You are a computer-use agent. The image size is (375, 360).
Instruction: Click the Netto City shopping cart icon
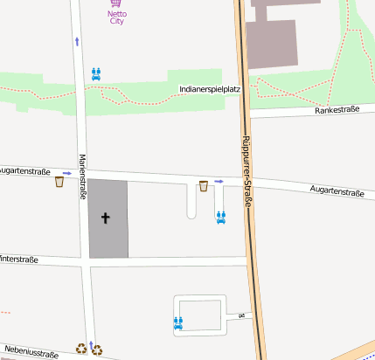click(116, 3)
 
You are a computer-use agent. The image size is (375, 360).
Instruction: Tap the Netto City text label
click(116, 17)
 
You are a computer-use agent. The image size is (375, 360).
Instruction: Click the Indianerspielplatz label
click(209, 89)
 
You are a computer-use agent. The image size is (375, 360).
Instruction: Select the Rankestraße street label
click(337, 110)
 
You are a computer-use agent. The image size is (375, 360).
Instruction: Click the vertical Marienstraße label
click(82, 177)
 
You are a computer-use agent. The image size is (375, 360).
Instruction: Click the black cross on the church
click(107, 217)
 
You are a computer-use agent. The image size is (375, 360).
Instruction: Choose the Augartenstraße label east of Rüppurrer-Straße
click(336, 190)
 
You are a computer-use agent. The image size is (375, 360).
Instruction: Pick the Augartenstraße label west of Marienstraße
click(24, 171)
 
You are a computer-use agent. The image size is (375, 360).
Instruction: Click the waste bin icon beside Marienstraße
click(59, 182)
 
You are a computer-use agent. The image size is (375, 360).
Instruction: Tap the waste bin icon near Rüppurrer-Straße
click(204, 185)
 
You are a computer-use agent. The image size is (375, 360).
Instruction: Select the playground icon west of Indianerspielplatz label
click(96, 73)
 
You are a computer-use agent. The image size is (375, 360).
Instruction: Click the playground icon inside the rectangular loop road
click(179, 322)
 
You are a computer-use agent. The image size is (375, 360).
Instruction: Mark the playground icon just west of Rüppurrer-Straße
click(221, 217)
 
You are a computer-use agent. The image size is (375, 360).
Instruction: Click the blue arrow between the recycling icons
click(89, 346)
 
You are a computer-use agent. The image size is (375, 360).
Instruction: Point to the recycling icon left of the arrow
click(80, 348)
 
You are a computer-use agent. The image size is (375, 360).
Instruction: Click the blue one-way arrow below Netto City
click(77, 41)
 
